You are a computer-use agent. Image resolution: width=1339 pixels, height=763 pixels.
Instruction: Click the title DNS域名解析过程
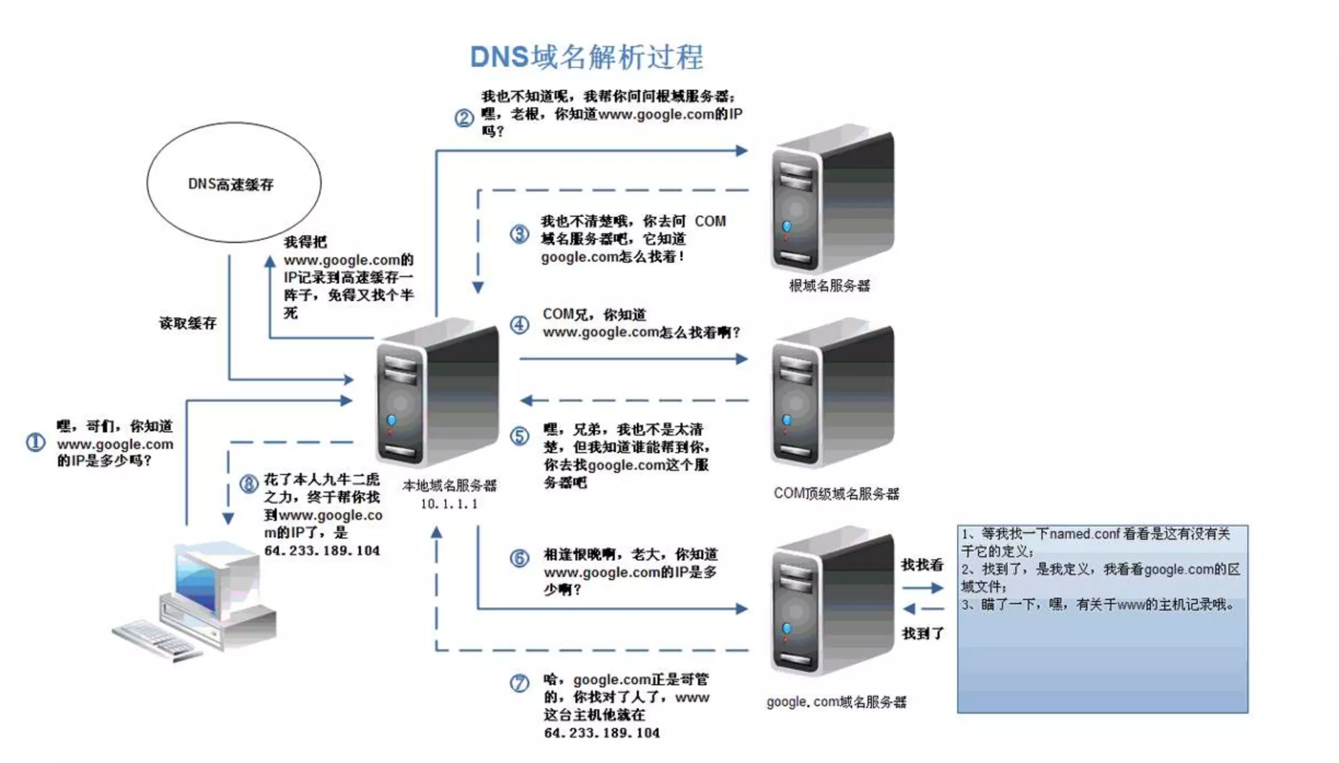pyautogui.click(x=586, y=57)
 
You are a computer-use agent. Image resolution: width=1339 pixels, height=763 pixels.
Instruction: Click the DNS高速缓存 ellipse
pyautogui.click(x=234, y=182)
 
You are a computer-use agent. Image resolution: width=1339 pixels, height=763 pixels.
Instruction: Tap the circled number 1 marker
pyautogui.click(x=36, y=442)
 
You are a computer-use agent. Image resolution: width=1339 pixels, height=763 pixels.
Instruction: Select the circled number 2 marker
pyautogui.click(x=464, y=118)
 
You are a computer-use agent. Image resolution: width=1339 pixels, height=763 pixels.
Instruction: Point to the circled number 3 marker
pyautogui.click(x=519, y=234)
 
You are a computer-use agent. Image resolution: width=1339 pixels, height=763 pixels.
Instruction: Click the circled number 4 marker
pyautogui.click(x=519, y=325)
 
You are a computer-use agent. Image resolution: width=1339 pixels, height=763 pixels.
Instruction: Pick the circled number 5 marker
pyautogui.click(x=519, y=436)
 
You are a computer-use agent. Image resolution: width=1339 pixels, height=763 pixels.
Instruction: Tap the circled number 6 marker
pyautogui.click(x=519, y=558)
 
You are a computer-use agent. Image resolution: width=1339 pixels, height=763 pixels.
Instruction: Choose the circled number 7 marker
pyautogui.click(x=519, y=683)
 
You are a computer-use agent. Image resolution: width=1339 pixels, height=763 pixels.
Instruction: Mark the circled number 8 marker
pyautogui.click(x=249, y=483)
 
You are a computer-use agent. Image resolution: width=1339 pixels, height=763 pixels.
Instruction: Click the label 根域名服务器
pyautogui.click(x=829, y=286)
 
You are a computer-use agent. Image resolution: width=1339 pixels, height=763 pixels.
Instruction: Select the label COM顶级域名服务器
pyautogui.click(x=836, y=494)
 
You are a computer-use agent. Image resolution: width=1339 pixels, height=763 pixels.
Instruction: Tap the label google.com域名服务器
pyautogui.click(x=836, y=702)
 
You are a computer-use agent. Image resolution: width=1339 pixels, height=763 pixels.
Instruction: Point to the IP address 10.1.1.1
pyautogui.click(x=449, y=504)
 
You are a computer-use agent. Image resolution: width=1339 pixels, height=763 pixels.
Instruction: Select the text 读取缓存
pyautogui.click(x=188, y=323)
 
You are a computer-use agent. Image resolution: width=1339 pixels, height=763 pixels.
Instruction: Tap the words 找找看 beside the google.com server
pyautogui.click(x=922, y=565)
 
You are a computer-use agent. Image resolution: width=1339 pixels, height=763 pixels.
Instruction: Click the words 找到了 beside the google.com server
pyautogui.click(x=922, y=633)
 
